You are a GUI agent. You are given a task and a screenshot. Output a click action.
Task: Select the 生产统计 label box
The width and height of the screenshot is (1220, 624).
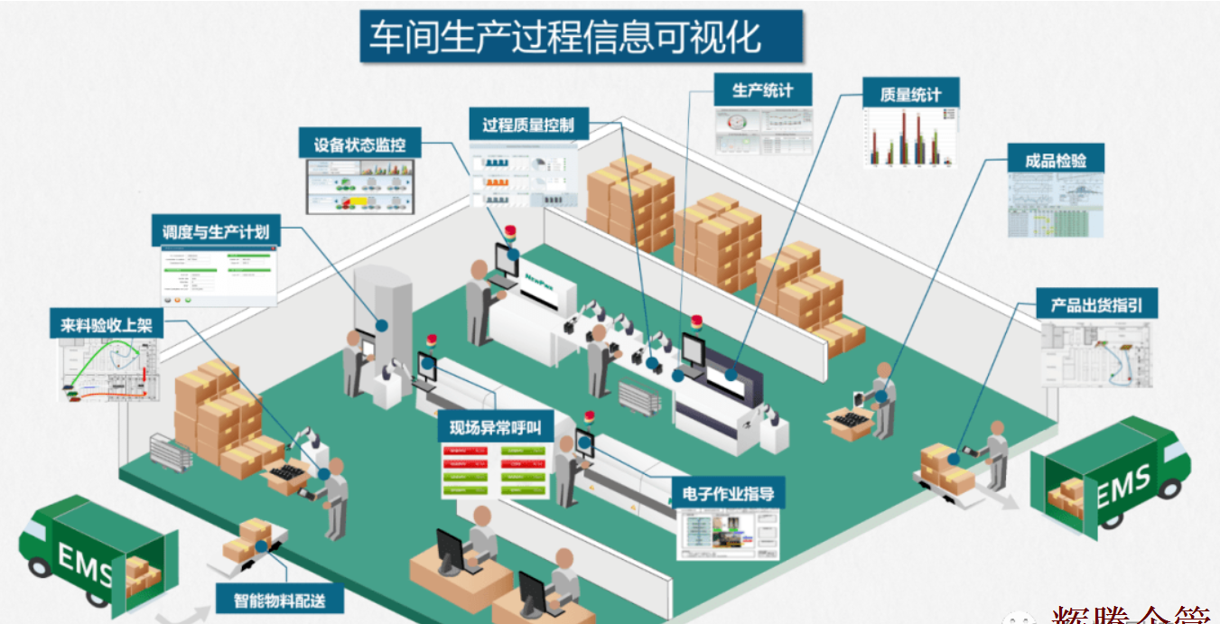click(x=762, y=90)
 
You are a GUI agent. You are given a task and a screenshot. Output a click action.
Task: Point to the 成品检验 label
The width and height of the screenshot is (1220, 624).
click(x=1055, y=161)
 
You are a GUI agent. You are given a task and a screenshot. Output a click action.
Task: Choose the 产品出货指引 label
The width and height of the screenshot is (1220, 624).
click(x=1095, y=304)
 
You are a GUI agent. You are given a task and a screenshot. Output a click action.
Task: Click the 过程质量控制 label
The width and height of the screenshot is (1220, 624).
click(x=528, y=125)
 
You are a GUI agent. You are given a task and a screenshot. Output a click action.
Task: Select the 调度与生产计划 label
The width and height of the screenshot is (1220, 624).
click(x=216, y=231)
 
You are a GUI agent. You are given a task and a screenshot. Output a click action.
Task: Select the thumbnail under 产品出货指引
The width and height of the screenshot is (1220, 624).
click(x=1096, y=354)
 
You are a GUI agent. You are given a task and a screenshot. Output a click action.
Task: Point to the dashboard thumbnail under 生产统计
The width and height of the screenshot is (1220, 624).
click(x=764, y=132)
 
